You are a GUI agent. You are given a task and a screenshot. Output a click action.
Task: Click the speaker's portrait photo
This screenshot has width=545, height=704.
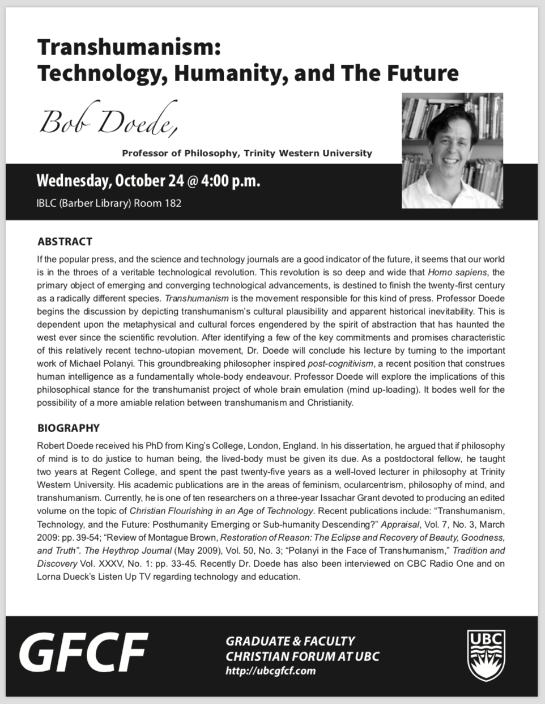(452, 150)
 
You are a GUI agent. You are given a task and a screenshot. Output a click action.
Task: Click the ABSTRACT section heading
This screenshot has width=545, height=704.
(65, 241)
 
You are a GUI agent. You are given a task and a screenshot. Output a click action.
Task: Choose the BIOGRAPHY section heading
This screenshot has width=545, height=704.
(69, 428)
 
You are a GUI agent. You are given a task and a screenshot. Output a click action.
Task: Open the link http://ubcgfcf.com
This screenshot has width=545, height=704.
(270, 671)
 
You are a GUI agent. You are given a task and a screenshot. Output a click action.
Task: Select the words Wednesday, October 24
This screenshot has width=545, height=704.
(110, 181)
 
